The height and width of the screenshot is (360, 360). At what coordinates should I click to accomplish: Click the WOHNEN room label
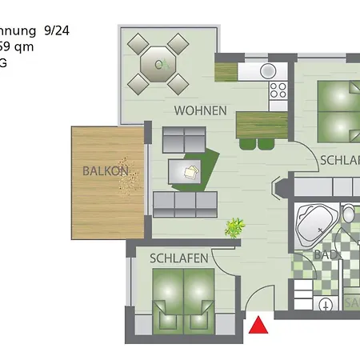click(200, 110)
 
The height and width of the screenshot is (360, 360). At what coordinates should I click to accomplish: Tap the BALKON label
click(105, 170)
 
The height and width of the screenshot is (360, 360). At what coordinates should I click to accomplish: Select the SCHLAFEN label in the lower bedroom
click(179, 258)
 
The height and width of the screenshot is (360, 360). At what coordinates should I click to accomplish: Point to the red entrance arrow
click(258, 326)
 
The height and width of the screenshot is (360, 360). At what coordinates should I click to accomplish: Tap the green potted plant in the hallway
click(234, 228)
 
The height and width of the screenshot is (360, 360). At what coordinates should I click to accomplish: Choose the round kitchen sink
click(269, 70)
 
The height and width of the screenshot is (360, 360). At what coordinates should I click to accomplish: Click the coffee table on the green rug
click(190, 170)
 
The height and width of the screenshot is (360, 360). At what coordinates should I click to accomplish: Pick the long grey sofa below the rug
click(185, 205)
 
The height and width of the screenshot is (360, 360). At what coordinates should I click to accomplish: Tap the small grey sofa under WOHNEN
click(185, 139)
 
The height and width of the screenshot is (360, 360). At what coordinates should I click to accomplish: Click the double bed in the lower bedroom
click(184, 300)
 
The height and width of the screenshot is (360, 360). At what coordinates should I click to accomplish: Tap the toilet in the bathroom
click(349, 214)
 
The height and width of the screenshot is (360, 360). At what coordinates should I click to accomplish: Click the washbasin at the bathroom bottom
click(326, 304)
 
